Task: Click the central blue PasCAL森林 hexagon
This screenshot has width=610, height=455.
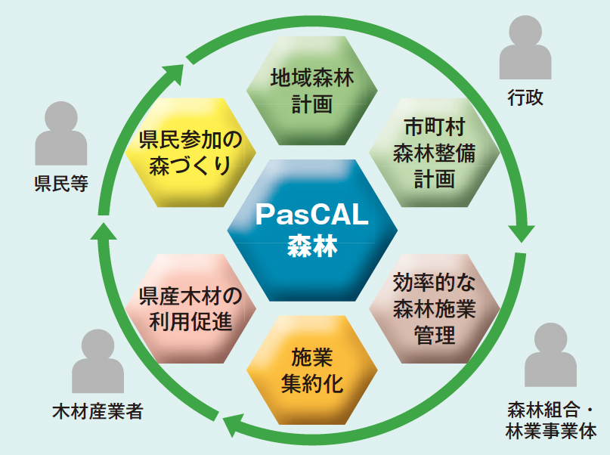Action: click(311, 227)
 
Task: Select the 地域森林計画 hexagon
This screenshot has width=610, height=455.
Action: click(311, 90)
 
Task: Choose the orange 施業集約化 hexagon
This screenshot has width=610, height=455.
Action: click(311, 370)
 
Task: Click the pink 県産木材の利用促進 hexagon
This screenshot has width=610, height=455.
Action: click(190, 306)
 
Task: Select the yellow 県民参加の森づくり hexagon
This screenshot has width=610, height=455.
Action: click(190, 151)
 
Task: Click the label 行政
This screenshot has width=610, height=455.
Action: click(525, 98)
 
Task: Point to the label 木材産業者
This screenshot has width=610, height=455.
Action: click(98, 413)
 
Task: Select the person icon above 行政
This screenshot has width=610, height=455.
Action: click(526, 48)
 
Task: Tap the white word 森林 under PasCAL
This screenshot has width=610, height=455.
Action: click(311, 246)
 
